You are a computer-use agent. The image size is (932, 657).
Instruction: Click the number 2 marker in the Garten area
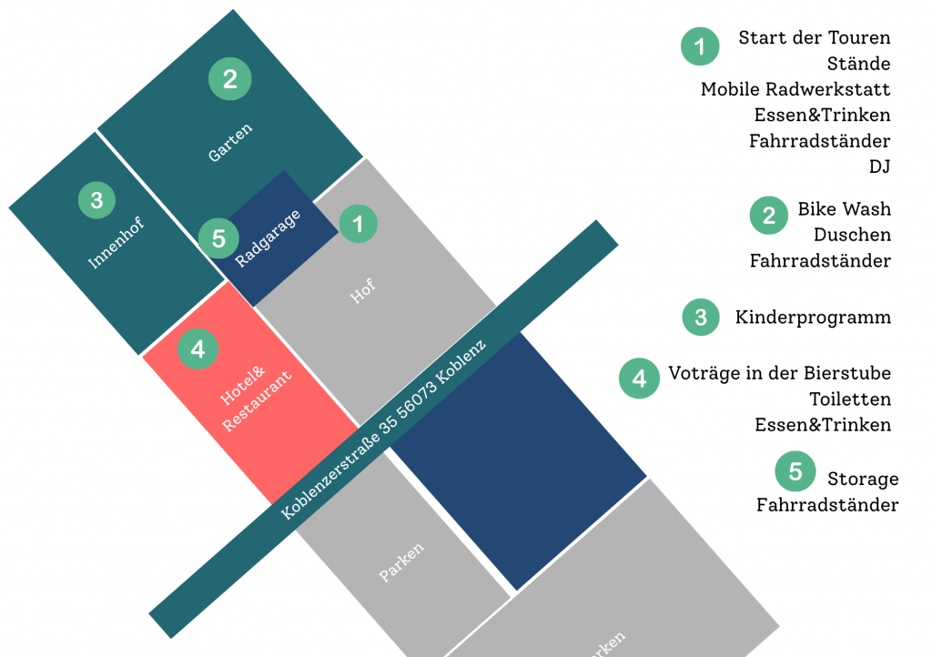(230, 79)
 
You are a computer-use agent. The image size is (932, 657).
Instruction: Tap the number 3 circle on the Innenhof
(97, 200)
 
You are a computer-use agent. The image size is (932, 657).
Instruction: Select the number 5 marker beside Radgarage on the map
(218, 239)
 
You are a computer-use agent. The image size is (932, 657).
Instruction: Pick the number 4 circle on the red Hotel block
(198, 349)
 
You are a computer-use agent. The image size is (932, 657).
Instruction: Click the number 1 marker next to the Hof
(359, 224)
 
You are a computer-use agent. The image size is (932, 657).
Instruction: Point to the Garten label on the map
(230, 143)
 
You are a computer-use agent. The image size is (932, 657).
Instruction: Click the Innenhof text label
(116, 243)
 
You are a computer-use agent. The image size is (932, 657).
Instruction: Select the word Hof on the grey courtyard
(362, 292)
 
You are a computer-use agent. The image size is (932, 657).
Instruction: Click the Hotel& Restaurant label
(257, 400)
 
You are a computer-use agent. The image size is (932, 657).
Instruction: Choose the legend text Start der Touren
(814, 38)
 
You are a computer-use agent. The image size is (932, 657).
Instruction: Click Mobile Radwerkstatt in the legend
(795, 89)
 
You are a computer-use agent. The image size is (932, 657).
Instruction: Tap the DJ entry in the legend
(879, 167)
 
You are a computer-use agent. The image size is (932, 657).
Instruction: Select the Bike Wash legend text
(844, 209)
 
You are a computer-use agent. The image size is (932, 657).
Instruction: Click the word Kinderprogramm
(813, 318)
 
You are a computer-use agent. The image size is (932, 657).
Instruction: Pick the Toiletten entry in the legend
(850, 399)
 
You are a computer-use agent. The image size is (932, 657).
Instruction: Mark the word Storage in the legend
(863, 479)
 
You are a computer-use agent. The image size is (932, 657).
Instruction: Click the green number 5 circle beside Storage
(795, 471)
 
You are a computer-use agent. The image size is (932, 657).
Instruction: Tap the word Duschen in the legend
(852, 235)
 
